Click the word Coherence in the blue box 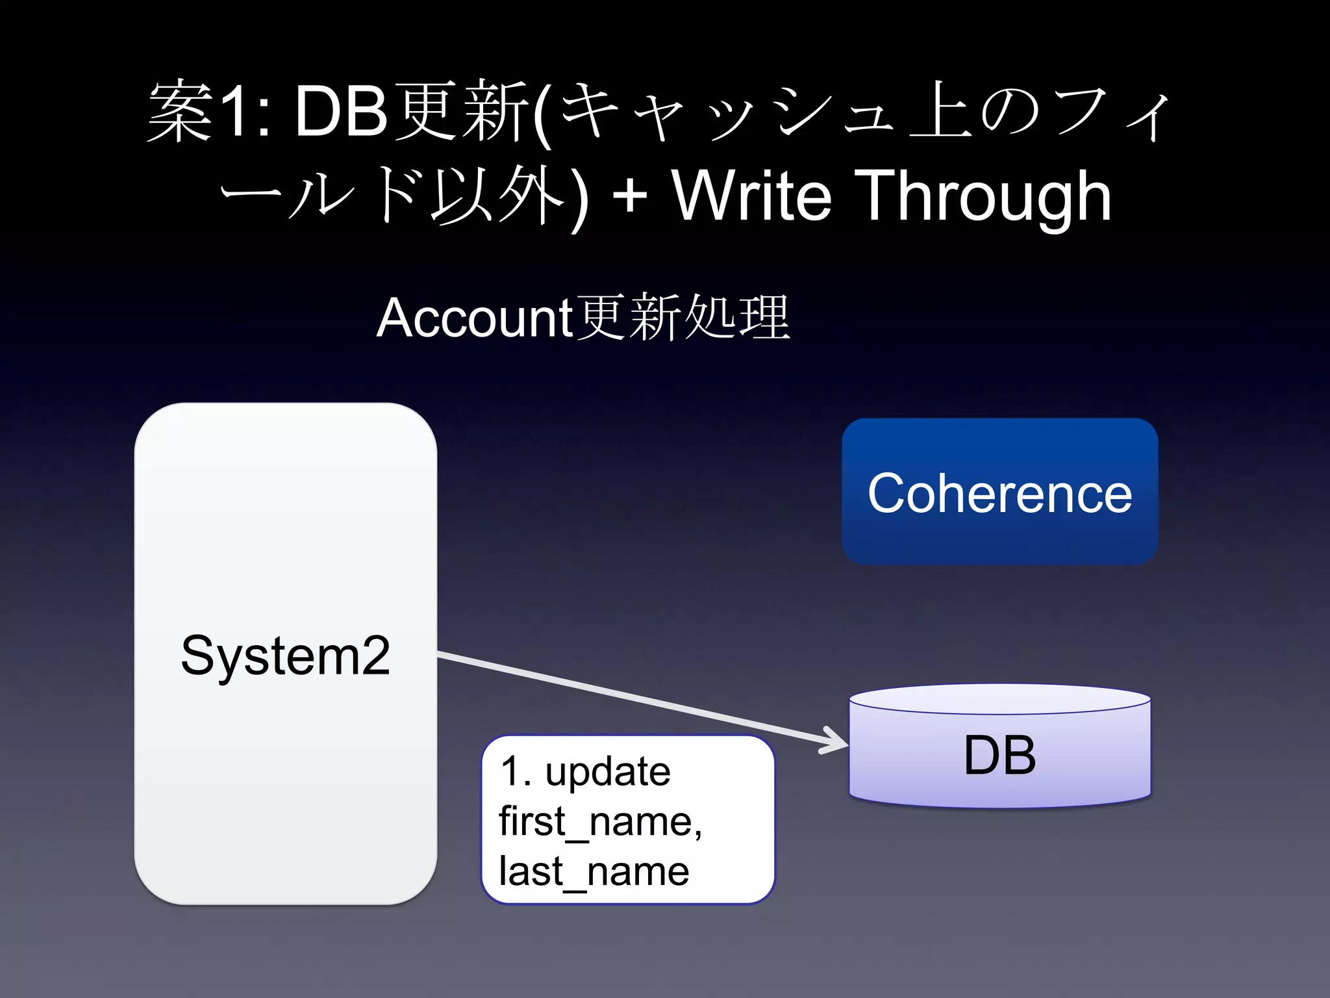999,493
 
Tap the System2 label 285,655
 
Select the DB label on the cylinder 999,755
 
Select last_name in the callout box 594,871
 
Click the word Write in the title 751,195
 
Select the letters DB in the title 341,112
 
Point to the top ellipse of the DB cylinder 999,699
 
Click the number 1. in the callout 516,772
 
